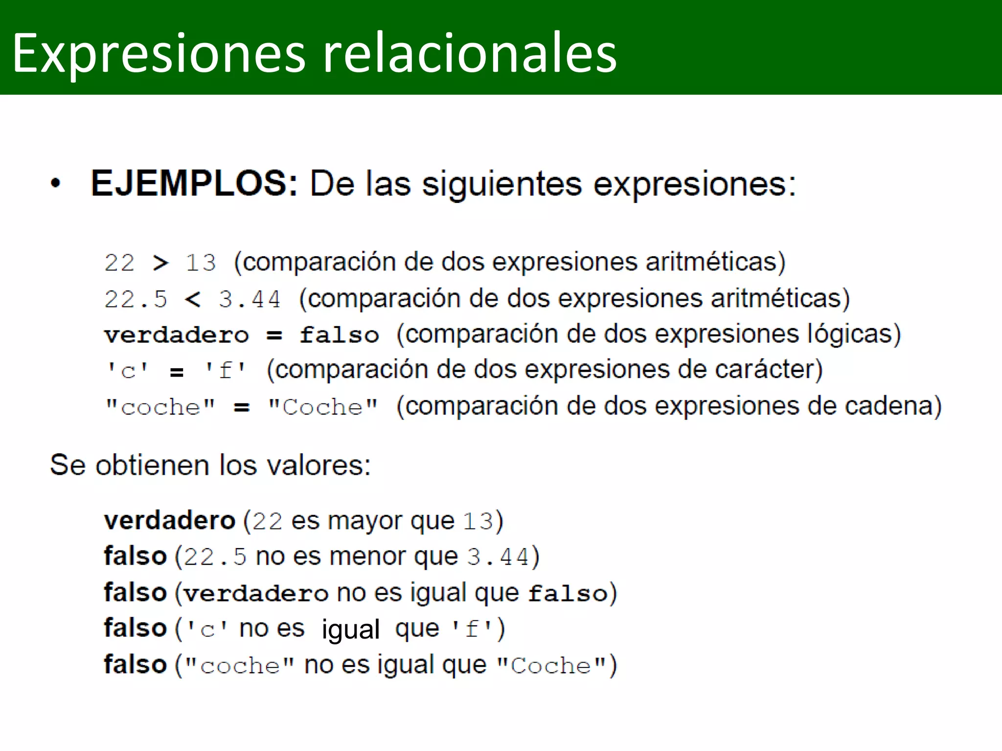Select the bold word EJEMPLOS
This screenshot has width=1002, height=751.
tap(194, 183)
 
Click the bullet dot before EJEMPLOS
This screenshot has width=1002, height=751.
tap(56, 183)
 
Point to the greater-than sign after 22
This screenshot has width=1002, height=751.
tap(160, 263)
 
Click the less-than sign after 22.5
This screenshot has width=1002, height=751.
tap(193, 299)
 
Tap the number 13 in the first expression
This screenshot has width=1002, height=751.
tap(201, 263)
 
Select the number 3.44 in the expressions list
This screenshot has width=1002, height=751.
tap(250, 299)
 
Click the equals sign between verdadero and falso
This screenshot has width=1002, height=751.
tap(274, 335)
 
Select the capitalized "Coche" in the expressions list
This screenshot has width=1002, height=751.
tap(323, 407)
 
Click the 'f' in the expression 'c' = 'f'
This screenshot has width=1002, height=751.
tap(225, 371)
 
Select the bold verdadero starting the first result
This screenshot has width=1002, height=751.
tap(170, 521)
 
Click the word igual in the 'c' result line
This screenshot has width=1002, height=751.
tap(350, 629)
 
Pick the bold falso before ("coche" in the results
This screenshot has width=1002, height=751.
tap(136, 665)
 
